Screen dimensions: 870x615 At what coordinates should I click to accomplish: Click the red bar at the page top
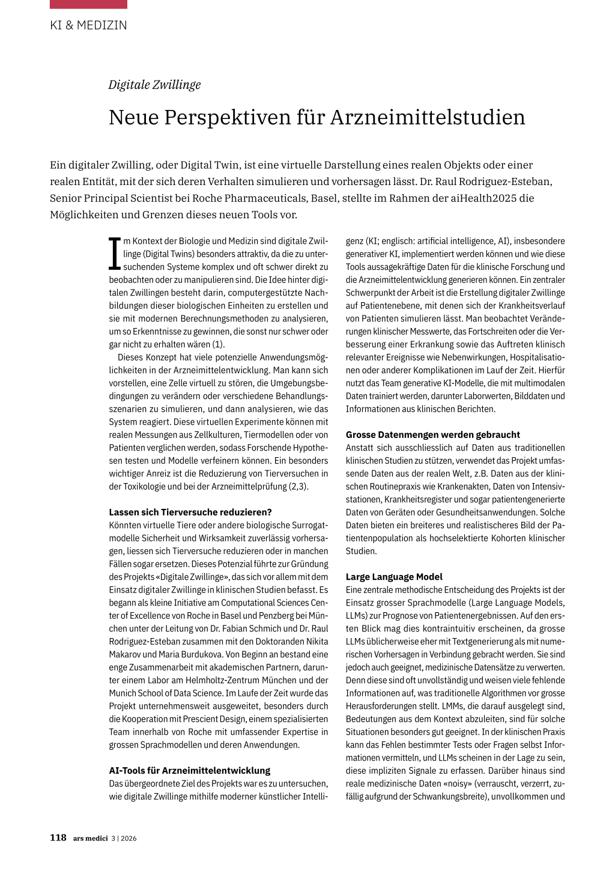pos(88,4)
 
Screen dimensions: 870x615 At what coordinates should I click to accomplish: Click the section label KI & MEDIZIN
pos(88,25)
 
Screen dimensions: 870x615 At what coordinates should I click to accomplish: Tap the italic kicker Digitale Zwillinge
pos(154,85)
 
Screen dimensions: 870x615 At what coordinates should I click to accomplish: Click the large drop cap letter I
pos(115,254)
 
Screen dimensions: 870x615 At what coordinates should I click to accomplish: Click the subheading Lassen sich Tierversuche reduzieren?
pos(190,512)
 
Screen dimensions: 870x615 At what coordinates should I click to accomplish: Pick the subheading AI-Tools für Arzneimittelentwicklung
pos(189,770)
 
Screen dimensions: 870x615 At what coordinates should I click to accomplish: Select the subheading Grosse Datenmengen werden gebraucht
pos(432,434)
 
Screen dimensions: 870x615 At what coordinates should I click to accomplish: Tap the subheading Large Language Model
pos(394,577)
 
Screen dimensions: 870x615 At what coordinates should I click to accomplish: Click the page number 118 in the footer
pos(58,838)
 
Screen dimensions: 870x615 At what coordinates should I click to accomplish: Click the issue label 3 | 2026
pos(124,838)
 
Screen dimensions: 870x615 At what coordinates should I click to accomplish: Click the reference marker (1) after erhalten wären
pos(219,344)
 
